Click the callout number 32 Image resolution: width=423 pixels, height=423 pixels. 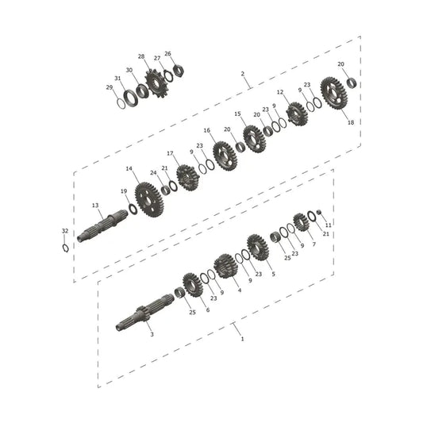[65, 231]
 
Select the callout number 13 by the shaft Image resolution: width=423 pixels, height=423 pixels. [95, 206]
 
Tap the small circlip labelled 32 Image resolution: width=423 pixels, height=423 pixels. [66, 248]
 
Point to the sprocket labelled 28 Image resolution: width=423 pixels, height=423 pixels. [156, 83]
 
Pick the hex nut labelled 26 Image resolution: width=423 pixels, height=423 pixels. [179, 71]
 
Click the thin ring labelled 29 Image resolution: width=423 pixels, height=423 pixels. [121, 104]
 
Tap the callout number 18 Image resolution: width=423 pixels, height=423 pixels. [351, 122]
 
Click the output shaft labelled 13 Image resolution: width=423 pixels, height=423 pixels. [102, 225]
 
